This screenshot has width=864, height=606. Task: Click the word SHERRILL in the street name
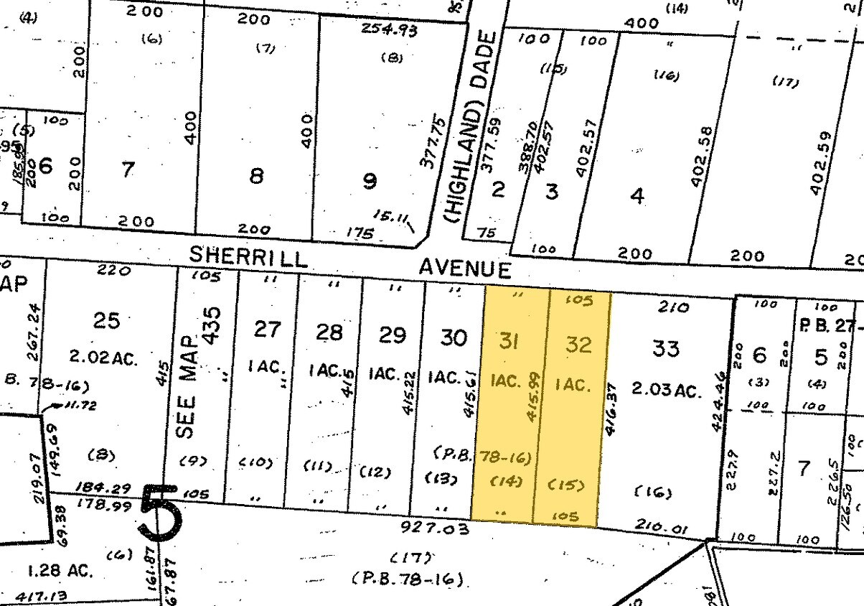248,256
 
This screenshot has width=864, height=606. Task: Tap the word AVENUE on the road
465,269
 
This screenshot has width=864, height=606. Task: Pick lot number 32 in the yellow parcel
578,345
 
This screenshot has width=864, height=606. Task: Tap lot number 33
665,349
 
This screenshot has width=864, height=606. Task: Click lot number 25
106,320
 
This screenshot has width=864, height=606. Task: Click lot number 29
392,335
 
